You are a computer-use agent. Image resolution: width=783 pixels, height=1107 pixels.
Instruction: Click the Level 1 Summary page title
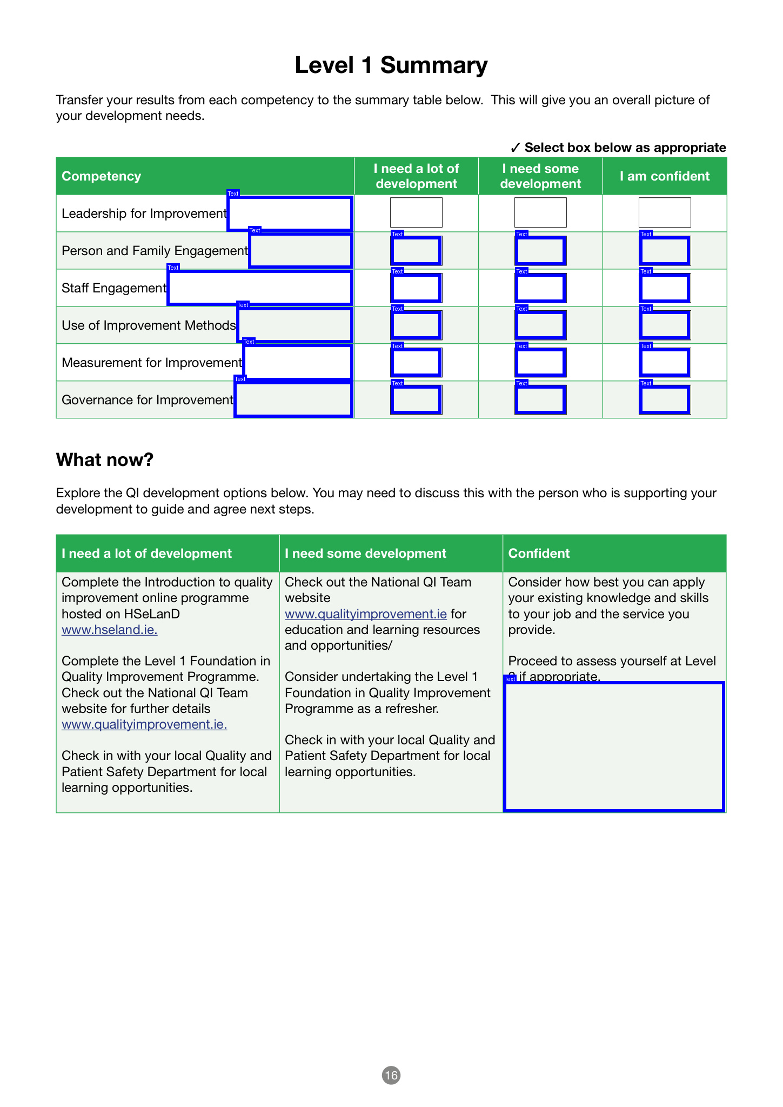[x=391, y=65]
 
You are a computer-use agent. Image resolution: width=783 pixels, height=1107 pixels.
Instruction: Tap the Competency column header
[x=101, y=176]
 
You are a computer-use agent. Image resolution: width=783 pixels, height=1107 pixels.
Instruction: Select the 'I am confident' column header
[x=664, y=176]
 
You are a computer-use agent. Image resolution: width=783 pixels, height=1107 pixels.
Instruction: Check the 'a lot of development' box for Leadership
[x=416, y=212]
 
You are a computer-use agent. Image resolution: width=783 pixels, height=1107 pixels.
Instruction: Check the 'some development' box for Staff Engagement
[x=540, y=288]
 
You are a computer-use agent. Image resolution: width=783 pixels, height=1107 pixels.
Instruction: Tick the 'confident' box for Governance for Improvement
[x=664, y=400]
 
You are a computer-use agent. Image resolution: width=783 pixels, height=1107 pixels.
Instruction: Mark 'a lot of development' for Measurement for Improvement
[x=416, y=363]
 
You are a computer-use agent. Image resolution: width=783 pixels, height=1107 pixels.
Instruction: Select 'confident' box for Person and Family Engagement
[x=664, y=251]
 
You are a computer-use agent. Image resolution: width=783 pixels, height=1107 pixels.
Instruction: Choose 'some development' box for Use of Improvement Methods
[x=540, y=325]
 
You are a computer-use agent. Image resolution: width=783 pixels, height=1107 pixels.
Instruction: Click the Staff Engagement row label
[x=113, y=288]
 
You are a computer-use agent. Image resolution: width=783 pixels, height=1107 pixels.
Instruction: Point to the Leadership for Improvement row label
[x=144, y=214]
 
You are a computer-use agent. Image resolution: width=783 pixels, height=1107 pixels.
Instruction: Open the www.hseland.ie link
[x=109, y=630]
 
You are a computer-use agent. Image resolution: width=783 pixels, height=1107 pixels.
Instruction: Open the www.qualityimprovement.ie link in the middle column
[x=365, y=614]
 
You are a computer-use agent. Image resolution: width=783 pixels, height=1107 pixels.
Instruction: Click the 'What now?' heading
[x=105, y=459]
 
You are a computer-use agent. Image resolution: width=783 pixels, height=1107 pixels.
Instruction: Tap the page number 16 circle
[x=391, y=1075]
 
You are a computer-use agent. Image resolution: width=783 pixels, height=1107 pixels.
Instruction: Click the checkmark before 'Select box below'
[x=515, y=148]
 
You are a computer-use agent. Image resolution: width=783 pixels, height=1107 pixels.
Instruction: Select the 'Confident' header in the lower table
[x=539, y=553]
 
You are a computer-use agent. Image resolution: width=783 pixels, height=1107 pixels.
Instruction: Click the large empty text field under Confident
[x=613, y=746]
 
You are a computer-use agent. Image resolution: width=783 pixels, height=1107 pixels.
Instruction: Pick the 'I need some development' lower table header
[x=365, y=553]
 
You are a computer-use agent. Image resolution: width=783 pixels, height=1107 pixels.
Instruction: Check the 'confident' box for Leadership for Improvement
[x=664, y=212]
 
